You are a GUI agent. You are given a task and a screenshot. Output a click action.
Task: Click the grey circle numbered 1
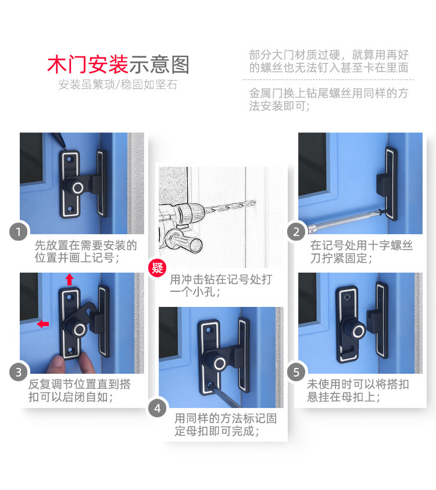coord(19,232)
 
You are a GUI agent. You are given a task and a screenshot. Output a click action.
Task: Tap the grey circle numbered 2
coord(296,232)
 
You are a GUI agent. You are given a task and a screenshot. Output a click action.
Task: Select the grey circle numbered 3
coord(19,372)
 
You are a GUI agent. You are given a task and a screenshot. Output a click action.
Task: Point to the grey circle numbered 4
coord(157,408)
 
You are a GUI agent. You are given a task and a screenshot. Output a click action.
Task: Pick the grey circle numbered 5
coord(296,372)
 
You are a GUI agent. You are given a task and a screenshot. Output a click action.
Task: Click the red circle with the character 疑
coord(157,268)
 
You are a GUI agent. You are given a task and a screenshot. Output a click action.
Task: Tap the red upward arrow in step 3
coord(69,280)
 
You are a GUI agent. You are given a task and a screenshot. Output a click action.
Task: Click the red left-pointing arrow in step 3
coord(43,324)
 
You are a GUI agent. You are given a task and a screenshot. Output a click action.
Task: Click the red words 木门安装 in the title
coord(88,65)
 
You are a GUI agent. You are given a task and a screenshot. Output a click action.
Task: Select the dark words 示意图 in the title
coord(159,65)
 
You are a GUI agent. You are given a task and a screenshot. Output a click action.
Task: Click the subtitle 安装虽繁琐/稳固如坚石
coord(118,85)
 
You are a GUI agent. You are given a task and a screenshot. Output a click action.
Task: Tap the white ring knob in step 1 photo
coord(77,188)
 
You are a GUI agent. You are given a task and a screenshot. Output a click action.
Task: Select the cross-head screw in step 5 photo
coord(347,296)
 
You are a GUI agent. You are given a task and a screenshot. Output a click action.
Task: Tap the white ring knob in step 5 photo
coord(358,331)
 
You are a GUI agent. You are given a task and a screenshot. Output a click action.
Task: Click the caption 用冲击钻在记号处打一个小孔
coord(221,285)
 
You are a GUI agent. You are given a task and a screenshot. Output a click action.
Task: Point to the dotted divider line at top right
coord(328,80)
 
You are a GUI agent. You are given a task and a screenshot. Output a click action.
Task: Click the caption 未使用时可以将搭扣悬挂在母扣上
coord(358,391)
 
